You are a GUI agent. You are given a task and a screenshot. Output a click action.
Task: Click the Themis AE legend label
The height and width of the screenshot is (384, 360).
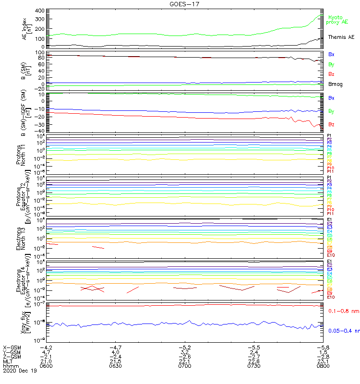pyautogui.click(x=341, y=37)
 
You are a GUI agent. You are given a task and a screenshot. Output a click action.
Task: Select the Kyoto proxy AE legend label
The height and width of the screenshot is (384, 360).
pyautogui.click(x=338, y=20)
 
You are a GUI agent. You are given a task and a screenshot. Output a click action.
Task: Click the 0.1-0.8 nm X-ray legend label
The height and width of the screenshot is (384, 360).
pyautogui.click(x=344, y=311)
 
